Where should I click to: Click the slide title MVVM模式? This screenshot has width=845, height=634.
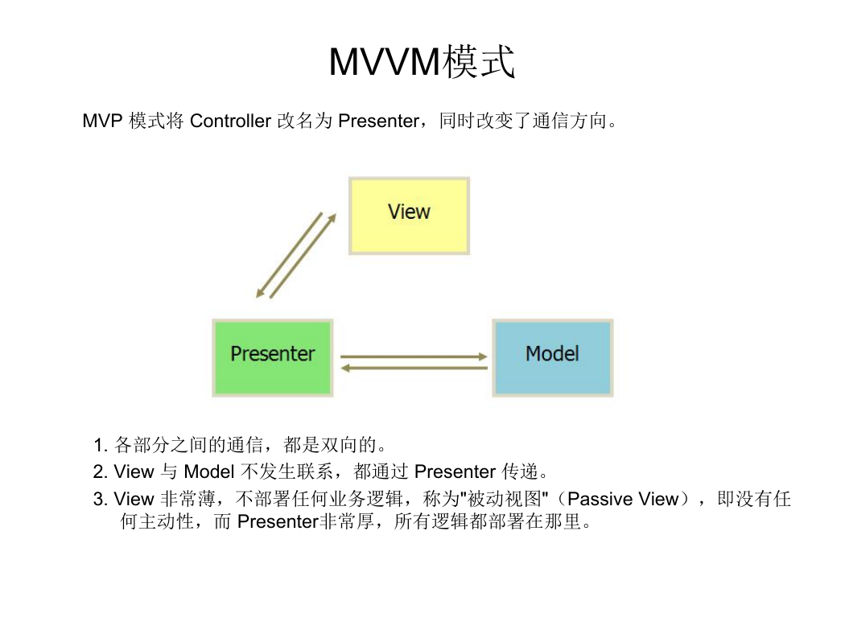pos(422,61)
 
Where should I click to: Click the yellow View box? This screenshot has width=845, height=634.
pos(409,216)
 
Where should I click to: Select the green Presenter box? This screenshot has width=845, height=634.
pos(273,358)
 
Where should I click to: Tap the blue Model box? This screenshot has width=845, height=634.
pos(553,358)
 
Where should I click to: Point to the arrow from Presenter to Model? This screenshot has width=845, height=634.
pos(414,356)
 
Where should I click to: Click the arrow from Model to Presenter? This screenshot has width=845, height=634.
pos(414,368)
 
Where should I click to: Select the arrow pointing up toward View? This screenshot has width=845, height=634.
pos(303,256)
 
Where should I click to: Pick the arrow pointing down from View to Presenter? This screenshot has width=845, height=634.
pos(289,254)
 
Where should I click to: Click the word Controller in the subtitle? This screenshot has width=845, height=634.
pos(230,121)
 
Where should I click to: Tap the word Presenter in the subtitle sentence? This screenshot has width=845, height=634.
pos(378,121)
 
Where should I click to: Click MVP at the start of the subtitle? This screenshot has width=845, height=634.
pos(102,121)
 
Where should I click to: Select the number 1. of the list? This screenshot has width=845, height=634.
pos(101,446)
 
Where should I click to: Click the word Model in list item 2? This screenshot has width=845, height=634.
pos(209,471)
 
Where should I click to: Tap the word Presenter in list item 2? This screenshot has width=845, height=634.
pos(455,471)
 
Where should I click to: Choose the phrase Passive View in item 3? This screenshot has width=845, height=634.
pos(622,500)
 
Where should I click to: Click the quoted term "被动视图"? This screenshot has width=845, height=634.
pos(505,500)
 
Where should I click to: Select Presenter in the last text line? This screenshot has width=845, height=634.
pos(278,521)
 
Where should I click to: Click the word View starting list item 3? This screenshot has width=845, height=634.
pos(134,500)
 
